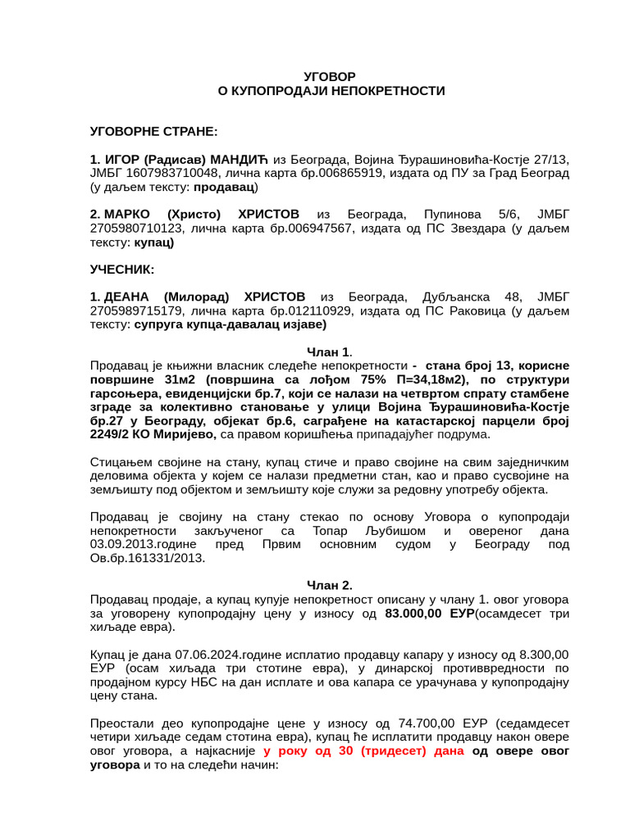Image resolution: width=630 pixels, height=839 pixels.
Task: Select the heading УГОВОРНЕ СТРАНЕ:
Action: pos(153,131)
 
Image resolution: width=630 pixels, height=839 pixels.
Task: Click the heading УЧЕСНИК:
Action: pos(121,270)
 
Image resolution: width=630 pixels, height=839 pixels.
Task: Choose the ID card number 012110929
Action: pos(317,311)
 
